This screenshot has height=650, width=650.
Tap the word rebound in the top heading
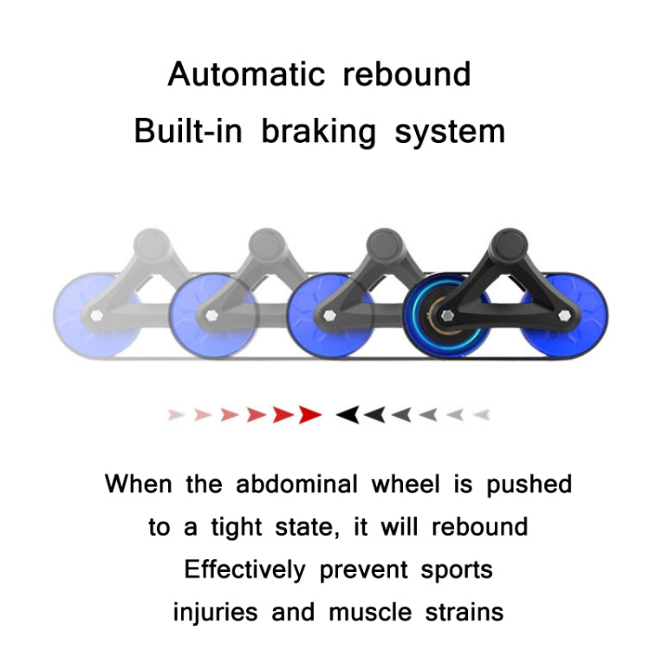point(406,75)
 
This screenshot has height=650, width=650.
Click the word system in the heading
point(450,132)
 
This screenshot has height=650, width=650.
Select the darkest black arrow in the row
point(348,415)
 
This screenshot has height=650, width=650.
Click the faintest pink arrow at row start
point(176,415)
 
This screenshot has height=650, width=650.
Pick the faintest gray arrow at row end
point(482,415)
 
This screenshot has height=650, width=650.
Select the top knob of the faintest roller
point(152,245)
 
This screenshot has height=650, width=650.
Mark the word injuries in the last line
point(215,612)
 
